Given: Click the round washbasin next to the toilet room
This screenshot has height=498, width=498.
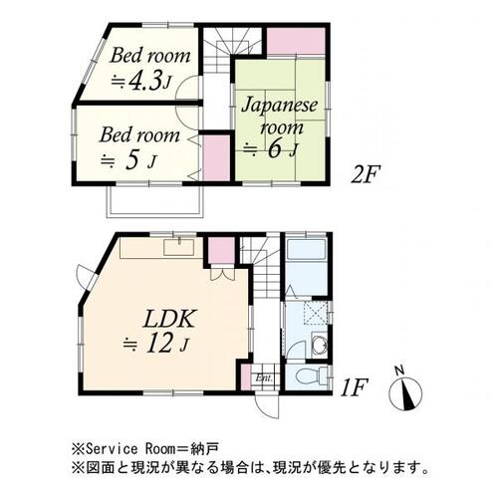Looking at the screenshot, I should (x=316, y=346).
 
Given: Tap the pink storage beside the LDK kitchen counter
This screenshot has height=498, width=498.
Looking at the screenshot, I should (x=221, y=250).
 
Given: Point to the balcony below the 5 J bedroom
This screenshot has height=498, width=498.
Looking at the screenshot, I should (x=153, y=202).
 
